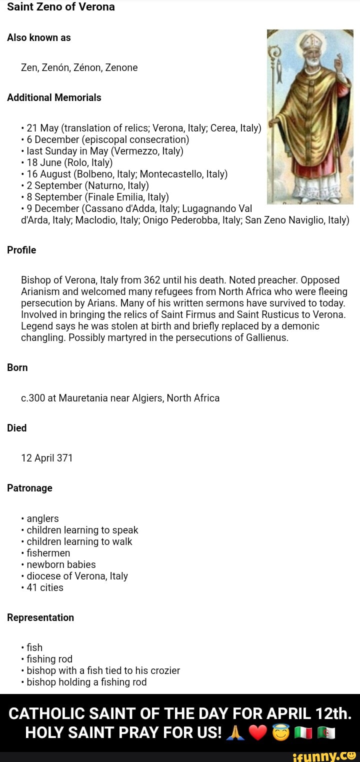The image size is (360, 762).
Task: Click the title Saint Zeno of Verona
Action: coord(61,7)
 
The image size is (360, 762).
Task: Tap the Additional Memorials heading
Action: coord(54,97)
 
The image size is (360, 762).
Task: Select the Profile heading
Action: coord(21,250)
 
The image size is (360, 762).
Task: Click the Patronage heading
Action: coord(29,488)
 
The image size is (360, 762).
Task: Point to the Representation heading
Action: coord(40,617)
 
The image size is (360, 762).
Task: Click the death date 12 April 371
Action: coord(47,458)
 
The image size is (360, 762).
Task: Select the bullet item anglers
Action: coord(42,518)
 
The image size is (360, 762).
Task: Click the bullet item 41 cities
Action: coord(45,587)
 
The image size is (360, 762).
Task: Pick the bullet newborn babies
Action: coord(61,564)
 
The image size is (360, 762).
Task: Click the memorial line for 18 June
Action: coord(69,162)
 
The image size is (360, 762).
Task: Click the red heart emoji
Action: coord(258,732)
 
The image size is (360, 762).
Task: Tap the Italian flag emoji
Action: coord(303,733)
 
